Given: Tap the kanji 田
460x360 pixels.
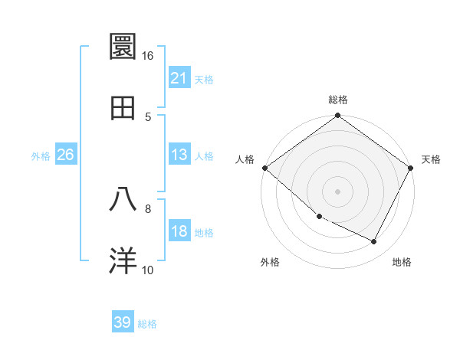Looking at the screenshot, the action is point(123,108).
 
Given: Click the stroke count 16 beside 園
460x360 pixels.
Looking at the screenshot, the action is point(148,55).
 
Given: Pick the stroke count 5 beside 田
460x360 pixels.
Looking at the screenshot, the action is point(148,116).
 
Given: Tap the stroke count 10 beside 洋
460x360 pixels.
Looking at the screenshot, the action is point(148,270).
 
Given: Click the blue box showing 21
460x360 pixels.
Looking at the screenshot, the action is point(179,77).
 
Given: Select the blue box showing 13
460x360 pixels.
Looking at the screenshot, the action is point(179,155).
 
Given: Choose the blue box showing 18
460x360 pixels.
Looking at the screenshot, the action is point(179,231).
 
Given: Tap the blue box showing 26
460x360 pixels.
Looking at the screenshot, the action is point(65,155).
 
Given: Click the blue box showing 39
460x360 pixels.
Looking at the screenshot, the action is point(123,322).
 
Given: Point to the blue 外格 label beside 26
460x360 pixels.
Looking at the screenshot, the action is point(41,155).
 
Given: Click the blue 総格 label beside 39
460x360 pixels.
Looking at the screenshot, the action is point(147,324).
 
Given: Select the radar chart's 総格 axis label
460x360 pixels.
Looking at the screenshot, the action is point(338,100).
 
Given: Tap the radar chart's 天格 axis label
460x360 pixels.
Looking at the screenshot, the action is point(431,159).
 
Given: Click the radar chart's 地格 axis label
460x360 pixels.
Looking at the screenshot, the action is point(402,262).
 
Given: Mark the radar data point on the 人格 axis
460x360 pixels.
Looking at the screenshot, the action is point(264,168).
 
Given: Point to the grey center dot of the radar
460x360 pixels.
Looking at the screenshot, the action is point(338,191).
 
